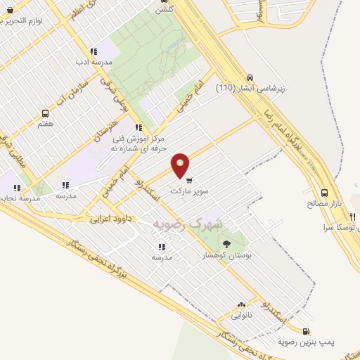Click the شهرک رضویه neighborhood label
click(186, 223)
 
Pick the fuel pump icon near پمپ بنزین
click(305, 331)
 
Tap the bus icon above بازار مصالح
click(324, 192)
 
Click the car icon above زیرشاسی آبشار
click(250, 77)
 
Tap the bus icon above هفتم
click(46, 112)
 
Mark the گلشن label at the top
click(164, 8)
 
